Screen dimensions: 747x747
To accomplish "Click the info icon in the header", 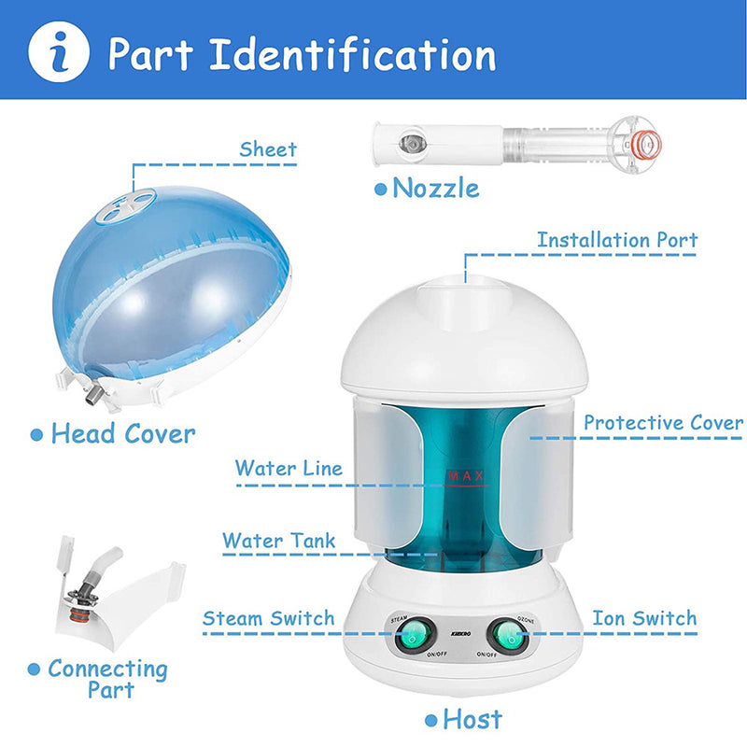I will [x=59, y=51].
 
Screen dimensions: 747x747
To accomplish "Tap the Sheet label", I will [x=268, y=149].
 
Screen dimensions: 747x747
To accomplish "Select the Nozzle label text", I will [x=435, y=188].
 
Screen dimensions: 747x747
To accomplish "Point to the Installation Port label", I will [x=617, y=240].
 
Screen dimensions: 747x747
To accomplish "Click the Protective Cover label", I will [x=663, y=423].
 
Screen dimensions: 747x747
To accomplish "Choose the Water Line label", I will [x=289, y=468].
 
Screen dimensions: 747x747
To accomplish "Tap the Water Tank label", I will [x=278, y=541].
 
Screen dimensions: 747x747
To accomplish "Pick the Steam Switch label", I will [x=268, y=618].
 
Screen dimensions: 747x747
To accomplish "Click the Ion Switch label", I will [x=644, y=618].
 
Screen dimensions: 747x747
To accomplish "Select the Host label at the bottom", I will [x=472, y=719].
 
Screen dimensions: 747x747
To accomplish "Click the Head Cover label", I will [x=122, y=433].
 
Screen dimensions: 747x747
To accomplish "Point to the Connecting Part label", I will [x=107, y=679].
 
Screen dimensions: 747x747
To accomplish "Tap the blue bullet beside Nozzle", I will [x=380, y=189].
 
